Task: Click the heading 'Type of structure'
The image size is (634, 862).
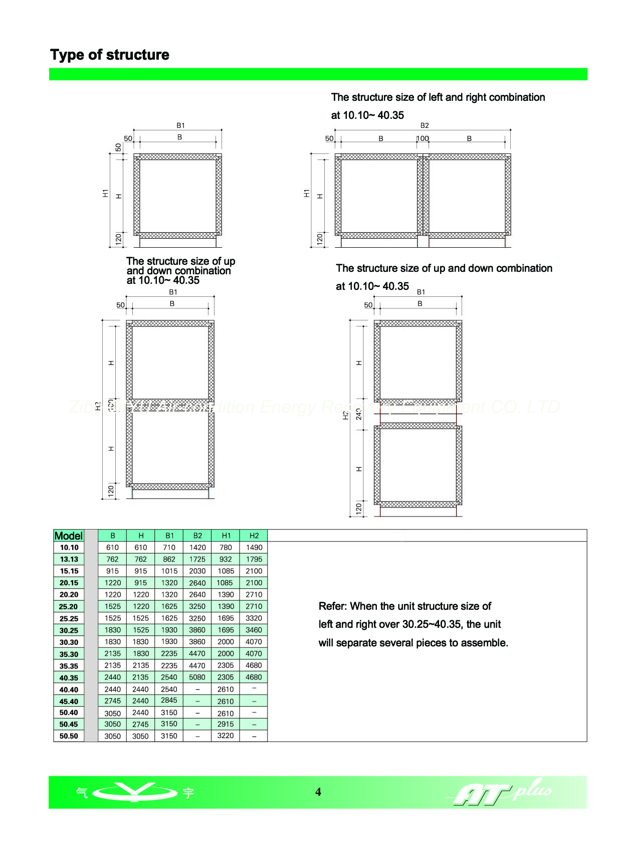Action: point(109,55)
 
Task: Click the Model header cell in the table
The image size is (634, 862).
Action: point(69,536)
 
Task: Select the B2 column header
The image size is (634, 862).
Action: point(197,536)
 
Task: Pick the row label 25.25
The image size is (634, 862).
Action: point(69,619)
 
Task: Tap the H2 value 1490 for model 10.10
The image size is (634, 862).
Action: point(254,548)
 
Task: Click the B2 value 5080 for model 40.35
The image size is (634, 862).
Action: point(197,677)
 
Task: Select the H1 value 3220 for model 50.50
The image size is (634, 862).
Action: point(226,736)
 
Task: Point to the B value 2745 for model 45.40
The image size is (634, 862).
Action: point(112,701)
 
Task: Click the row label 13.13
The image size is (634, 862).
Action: point(69,560)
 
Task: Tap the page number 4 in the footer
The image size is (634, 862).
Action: point(318,792)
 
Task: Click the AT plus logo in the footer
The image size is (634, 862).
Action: point(501,792)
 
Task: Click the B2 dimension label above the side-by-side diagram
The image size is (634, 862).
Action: point(425,125)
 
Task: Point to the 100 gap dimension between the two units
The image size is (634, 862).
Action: point(422,138)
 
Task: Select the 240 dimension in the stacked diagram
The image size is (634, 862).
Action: point(359,414)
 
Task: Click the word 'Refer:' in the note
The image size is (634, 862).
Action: point(333,606)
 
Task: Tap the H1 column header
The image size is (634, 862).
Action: point(226,536)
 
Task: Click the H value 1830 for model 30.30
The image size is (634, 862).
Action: point(141,642)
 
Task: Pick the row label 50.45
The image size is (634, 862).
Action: point(69,725)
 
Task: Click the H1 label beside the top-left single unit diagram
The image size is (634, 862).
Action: point(105,193)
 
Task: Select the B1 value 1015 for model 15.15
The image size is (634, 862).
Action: point(169,571)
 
